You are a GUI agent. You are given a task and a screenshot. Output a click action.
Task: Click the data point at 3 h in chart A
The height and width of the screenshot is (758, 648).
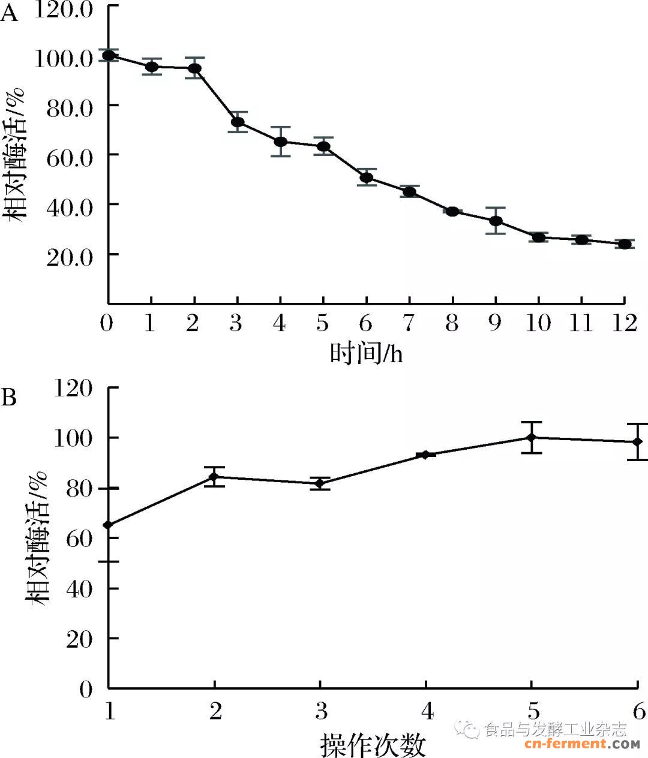tap(238, 122)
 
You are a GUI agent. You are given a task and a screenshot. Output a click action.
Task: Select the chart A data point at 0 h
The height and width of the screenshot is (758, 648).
tap(109, 55)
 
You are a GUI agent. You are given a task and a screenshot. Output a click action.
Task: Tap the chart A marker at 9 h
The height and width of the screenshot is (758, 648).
tap(496, 221)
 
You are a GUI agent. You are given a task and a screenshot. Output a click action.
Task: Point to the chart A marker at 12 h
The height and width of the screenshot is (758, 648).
tap(625, 244)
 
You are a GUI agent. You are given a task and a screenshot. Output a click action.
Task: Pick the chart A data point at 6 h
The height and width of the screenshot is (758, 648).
tap(367, 178)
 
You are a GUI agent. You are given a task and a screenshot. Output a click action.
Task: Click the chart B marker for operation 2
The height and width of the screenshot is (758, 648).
tap(214, 477)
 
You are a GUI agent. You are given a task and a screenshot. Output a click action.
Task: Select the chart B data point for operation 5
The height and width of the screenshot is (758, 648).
tap(531, 437)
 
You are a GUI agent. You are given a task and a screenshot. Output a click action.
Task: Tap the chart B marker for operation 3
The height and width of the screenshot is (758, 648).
tap(320, 483)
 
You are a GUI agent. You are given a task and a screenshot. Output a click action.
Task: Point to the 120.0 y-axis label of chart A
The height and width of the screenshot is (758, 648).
tap(64, 10)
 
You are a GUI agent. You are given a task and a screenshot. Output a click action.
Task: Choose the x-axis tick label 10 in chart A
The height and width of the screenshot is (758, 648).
tap(538, 323)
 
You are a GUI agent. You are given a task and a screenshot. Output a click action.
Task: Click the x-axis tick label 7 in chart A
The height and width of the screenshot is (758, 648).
tap(409, 323)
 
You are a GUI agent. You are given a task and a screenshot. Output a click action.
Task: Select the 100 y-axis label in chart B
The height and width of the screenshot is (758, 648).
tap(73, 438)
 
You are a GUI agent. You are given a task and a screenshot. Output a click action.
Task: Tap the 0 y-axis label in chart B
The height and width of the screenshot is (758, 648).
tap(86, 689)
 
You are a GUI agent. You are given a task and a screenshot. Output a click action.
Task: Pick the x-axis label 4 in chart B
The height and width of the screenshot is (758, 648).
tap(427, 711)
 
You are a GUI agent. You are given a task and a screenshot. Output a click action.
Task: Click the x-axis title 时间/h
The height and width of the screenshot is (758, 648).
tap(367, 354)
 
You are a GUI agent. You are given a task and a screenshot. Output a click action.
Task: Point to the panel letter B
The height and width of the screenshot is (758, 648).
tap(9, 397)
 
